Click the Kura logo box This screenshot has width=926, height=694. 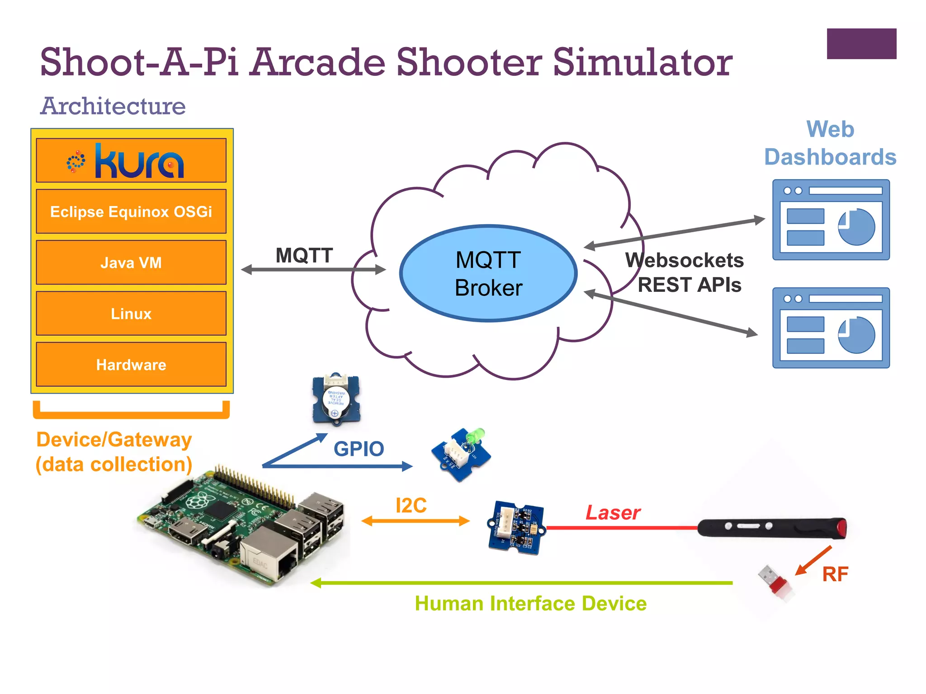tap(131, 160)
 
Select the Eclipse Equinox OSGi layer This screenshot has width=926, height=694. tap(131, 211)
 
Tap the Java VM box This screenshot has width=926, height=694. tap(131, 263)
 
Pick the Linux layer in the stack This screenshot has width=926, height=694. tap(131, 314)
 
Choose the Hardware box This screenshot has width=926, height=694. tap(131, 365)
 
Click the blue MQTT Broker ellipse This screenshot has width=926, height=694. tap(488, 273)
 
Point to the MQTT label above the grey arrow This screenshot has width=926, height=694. tap(304, 255)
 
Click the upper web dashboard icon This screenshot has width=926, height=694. tap(831, 220)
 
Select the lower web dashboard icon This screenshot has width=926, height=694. tap(831, 328)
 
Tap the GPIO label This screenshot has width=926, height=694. tap(359, 449)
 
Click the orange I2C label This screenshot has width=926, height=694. tap(411, 505)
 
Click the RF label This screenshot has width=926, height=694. tap(835, 574)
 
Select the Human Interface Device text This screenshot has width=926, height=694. tap(530, 604)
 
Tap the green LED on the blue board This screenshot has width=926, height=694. tap(475, 436)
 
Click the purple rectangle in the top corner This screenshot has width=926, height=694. tap(861, 44)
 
